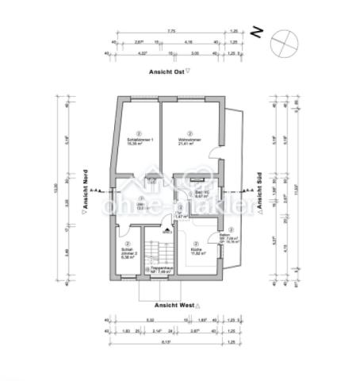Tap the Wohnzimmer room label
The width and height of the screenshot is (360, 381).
[x=189, y=140]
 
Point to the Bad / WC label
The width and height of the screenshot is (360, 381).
[x=201, y=192]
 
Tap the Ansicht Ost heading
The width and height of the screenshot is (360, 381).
[x=167, y=71]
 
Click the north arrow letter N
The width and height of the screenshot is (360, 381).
[x=256, y=33]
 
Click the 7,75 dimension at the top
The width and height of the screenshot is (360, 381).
[x=170, y=31]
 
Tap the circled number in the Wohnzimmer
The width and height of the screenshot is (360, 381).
[x=189, y=133]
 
